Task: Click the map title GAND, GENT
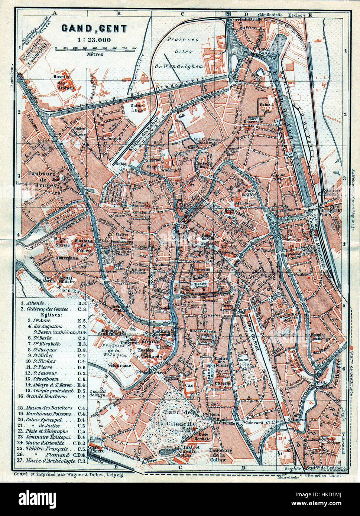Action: tap(94, 29)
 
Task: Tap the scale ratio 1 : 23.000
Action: tap(94, 40)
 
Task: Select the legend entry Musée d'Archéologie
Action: tap(51, 461)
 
